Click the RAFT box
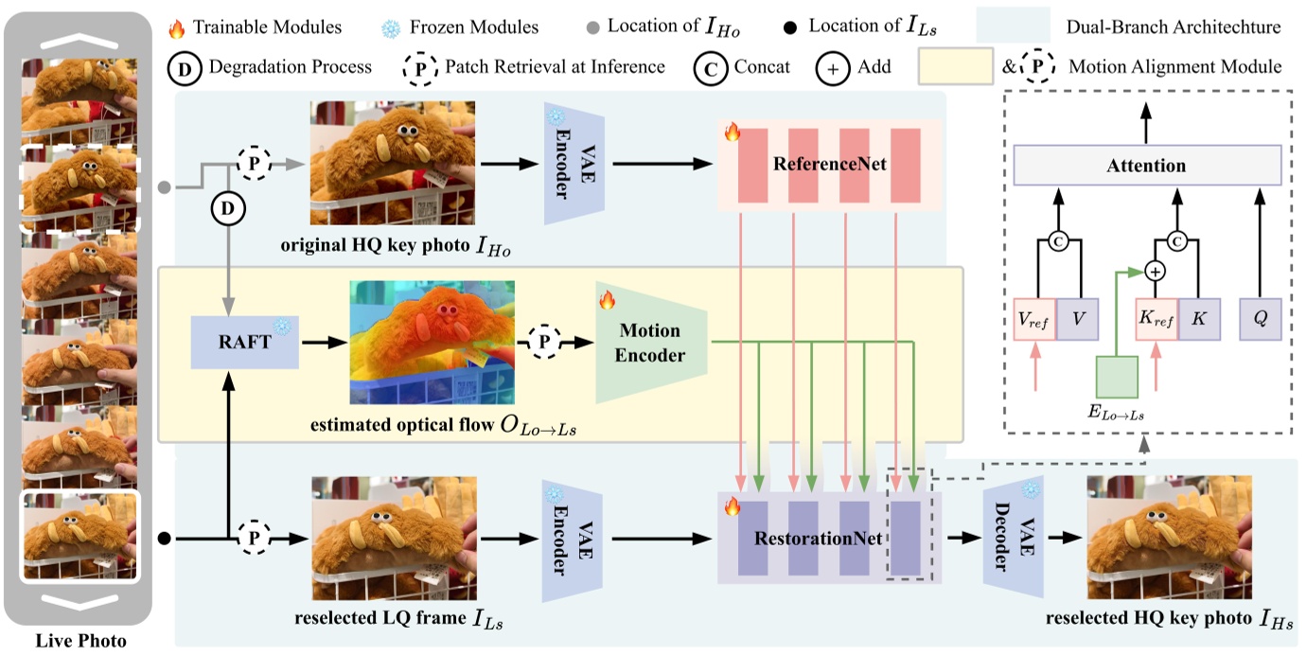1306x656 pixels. point(245,342)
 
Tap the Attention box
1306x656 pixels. point(1146,166)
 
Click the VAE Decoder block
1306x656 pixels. point(1014,539)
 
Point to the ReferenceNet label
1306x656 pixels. point(830,165)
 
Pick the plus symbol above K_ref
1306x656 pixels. point(1154,271)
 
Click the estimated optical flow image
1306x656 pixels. point(432,343)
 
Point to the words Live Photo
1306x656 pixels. point(80,641)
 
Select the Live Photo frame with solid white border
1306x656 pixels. point(80,536)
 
